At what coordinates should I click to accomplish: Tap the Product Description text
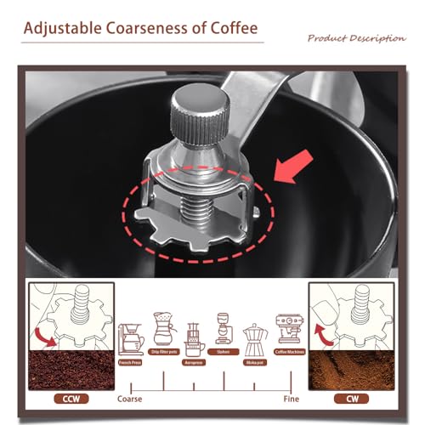pos(356,38)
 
